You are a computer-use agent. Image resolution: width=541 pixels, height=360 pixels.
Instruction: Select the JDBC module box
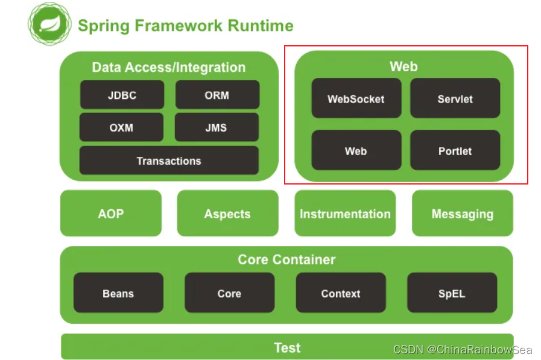122,95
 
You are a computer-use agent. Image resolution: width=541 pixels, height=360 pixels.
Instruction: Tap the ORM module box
217,95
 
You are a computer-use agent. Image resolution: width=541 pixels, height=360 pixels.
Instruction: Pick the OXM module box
121,127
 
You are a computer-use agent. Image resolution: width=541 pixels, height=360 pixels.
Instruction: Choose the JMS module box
217,127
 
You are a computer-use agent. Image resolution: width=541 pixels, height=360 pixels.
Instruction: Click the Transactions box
169,160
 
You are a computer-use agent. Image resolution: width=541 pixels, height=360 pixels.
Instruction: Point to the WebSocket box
356,98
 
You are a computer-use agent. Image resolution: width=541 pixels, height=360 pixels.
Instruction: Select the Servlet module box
455,98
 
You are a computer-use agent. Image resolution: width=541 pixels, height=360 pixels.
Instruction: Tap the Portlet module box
455,150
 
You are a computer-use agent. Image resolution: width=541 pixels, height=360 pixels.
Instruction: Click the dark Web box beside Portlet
356,150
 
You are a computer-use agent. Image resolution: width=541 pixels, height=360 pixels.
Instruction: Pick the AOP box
111,213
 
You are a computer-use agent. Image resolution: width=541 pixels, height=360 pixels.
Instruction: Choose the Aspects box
227,213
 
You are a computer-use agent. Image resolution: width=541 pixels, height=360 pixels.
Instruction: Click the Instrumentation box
345,213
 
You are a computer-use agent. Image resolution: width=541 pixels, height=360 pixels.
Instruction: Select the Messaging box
462,213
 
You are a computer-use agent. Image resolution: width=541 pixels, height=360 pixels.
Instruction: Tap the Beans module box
118,293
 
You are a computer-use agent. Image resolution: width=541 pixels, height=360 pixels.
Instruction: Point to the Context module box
341,293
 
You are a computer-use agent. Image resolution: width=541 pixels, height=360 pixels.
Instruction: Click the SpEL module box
452,293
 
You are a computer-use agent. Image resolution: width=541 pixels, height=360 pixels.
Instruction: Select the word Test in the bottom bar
287,347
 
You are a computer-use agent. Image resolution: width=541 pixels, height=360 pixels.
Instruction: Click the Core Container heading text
286,260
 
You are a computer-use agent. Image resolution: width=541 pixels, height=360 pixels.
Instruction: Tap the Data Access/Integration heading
169,67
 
